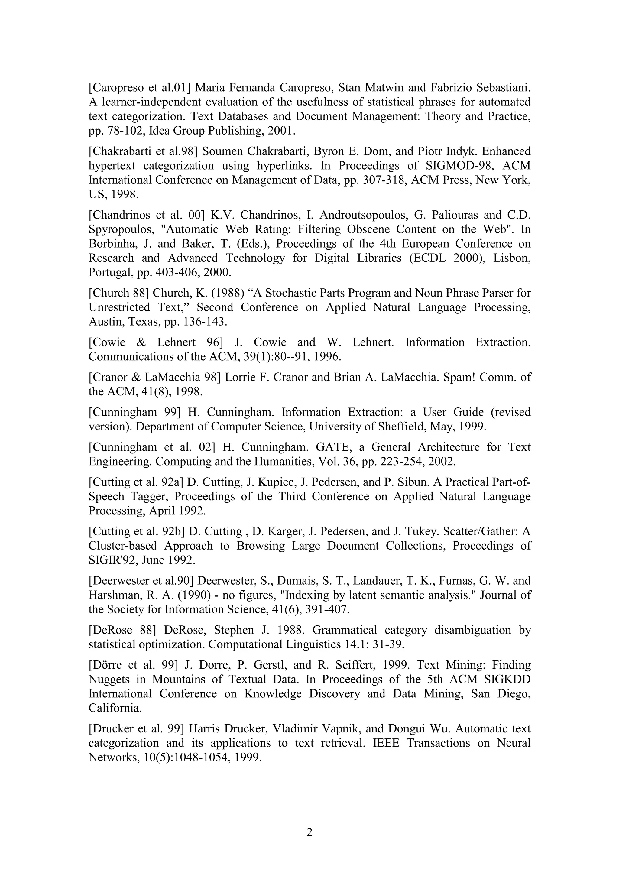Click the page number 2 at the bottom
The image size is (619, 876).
click(309, 832)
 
